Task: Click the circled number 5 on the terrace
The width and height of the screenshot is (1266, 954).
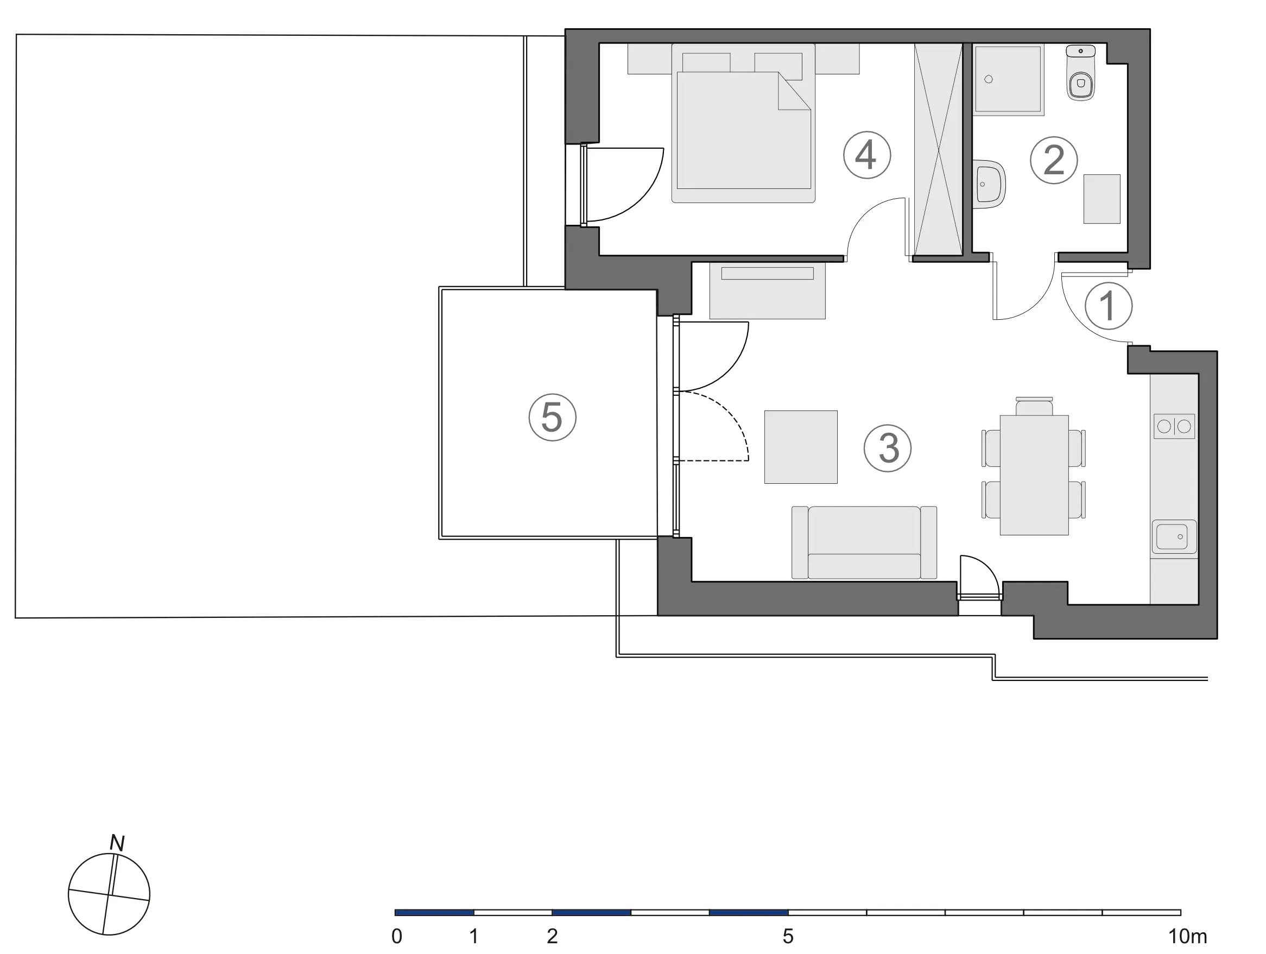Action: (x=552, y=417)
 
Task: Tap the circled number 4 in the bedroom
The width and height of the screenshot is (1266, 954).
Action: (x=866, y=155)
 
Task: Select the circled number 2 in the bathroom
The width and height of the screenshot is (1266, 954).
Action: (x=1054, y=160)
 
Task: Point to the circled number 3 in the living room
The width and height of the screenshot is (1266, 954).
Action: (x=888, y=448)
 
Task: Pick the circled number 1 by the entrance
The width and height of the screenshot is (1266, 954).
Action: (x=1109, y=306)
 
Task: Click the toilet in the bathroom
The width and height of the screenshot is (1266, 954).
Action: (x=1081, y=73)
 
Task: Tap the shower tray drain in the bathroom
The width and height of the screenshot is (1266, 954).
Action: (x=989, y=80)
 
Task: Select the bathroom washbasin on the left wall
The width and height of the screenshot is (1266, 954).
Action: (x=989, y=183)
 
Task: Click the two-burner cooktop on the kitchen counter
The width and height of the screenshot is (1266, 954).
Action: (x=1174, y=426)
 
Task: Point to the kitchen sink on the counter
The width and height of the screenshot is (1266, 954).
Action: (x=1174, y=537)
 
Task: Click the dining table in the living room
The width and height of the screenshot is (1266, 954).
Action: (x=1034, y=475)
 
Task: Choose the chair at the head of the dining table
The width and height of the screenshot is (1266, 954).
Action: (x=1034, y=406)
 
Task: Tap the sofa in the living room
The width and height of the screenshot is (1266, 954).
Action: (x=864, y=542)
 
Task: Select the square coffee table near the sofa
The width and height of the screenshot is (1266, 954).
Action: (x=801, y=447)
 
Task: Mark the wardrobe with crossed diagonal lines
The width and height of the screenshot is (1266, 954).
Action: (x=939, y=149)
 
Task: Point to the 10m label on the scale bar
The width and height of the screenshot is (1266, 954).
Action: (x=1188, y=937)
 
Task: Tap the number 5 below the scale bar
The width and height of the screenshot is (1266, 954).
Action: (x=788, y=937)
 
